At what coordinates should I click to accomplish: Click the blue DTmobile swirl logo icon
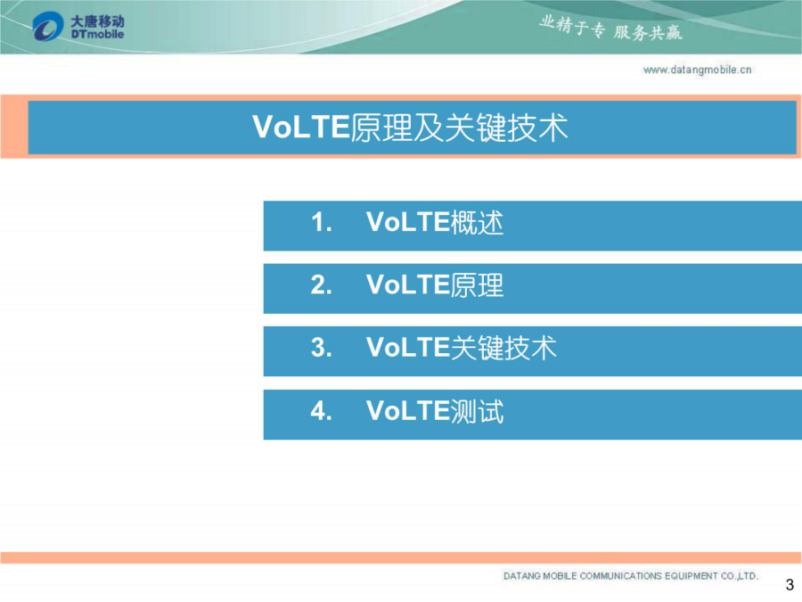(47, 26)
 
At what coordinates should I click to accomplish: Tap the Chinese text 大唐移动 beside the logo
(97, 21)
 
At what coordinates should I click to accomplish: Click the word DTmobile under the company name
(97, 34)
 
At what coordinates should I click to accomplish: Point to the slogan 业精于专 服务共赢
(610, 29)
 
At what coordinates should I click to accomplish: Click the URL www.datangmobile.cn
(697, 70)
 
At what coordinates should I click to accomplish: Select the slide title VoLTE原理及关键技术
(410, 128)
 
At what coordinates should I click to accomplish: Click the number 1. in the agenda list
(322, 223)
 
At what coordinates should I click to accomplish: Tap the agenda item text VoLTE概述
(435, 223)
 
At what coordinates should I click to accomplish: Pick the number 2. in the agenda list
(322, 285)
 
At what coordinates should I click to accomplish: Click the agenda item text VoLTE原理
(435, 285)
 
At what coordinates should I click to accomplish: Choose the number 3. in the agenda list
(322, 348)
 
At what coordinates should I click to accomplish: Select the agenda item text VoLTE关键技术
(462, 348)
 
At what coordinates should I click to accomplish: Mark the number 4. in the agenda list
(322, 411)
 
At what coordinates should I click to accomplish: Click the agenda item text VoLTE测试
(435, 411)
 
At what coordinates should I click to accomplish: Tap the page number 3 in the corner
(790, 584)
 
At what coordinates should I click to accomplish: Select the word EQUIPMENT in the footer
(691, 576)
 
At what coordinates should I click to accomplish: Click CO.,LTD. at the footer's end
(739, 576)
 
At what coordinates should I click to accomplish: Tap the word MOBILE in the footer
(560, 576)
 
